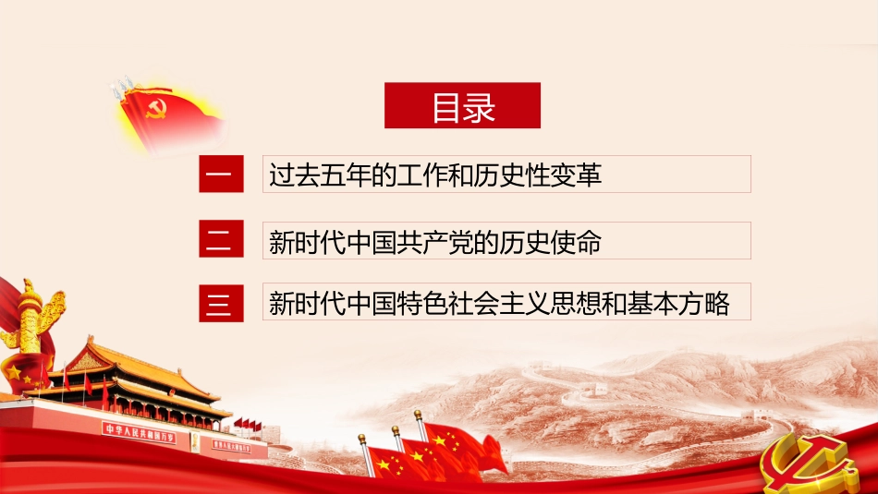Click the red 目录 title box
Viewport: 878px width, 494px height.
pos(462,106)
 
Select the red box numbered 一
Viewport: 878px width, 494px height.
pos(221,175)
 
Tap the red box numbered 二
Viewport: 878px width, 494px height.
pos(221,240)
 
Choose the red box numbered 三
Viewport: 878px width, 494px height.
pos(221,302)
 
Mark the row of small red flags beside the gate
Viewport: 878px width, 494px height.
pos(247,424)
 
